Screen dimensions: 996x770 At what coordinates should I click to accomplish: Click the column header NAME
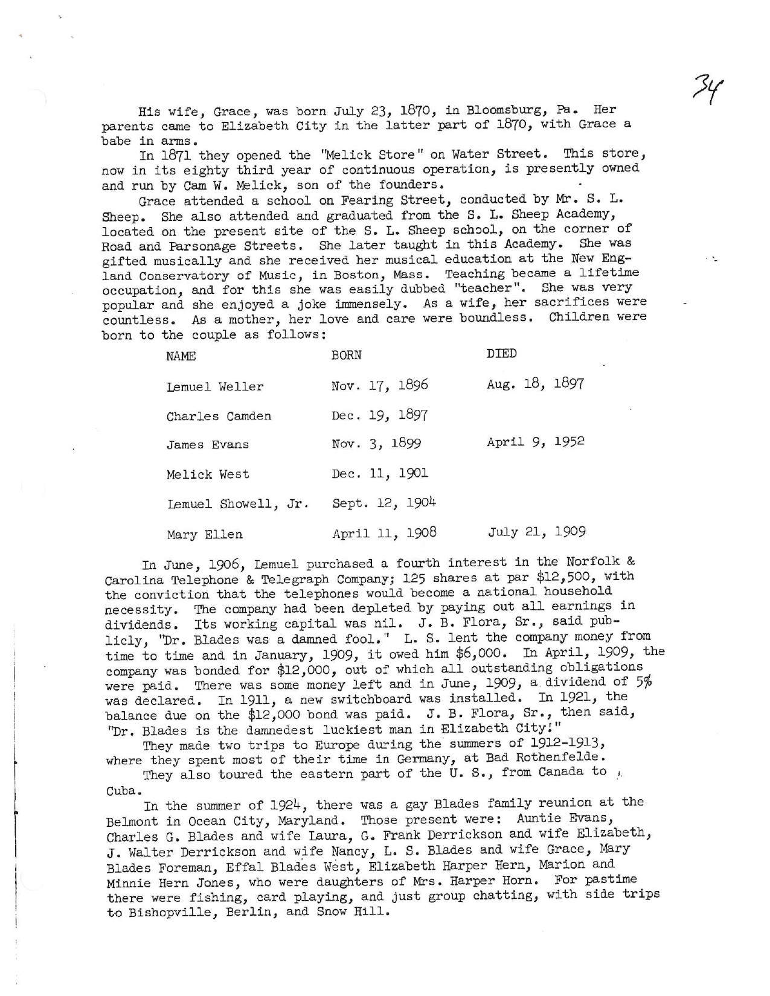(x=181, y=356)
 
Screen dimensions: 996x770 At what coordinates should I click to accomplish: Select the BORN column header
(x=346, y=356)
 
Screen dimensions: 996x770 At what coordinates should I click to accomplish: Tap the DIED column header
(x=501, y=354)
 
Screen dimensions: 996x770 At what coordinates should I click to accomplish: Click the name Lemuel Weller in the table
(x=215, y=386)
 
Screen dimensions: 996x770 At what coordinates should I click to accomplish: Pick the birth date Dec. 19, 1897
(x=379, y=415)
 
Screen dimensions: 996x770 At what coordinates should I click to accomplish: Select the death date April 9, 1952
(x=536, y=442)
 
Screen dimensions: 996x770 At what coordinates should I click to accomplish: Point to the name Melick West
(x=208, y=474)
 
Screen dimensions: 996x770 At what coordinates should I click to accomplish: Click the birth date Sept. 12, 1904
(x=384, y=503)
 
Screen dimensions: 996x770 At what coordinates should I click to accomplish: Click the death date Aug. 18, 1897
(x=535, y=384)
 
